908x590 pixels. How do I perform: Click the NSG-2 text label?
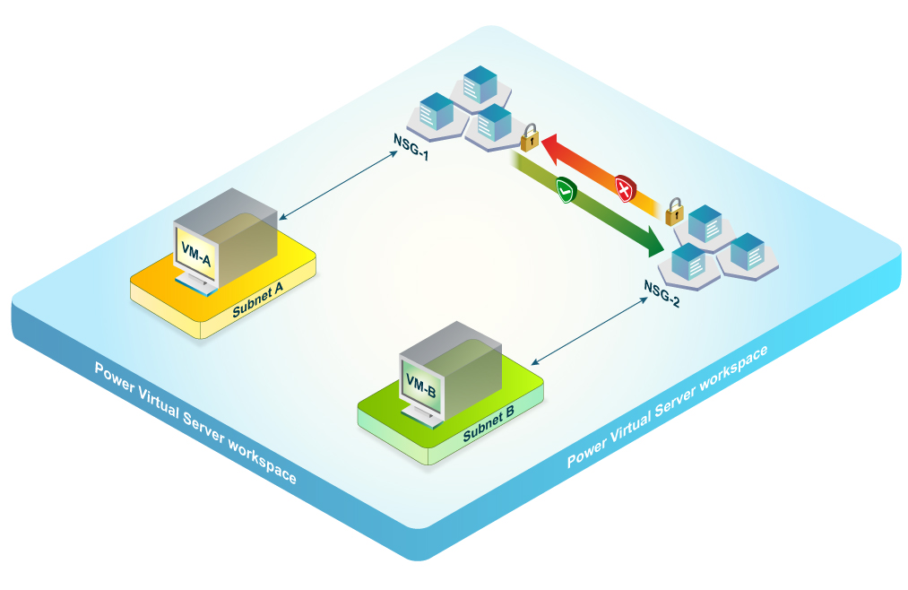click(662, 293)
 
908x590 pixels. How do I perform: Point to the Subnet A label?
click(258, 299)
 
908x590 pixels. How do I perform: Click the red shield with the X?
click(625, 187)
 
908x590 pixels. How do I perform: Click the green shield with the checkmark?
click(565, 190)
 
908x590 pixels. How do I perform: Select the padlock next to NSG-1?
click(530, 137)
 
